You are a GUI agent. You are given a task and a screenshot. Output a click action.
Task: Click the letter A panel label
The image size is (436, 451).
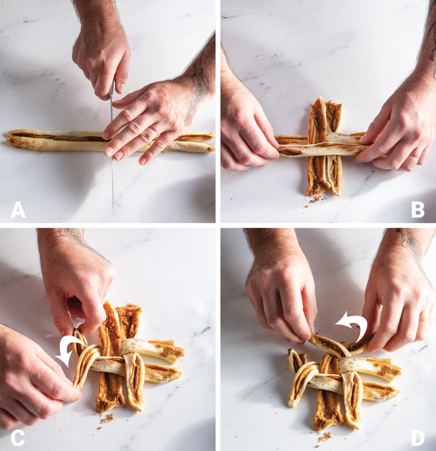point(18,210)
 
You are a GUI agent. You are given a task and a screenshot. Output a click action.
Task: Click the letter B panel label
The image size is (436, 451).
point(418,210)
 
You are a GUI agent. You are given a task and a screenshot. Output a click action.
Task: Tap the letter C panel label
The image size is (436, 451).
point(17,437)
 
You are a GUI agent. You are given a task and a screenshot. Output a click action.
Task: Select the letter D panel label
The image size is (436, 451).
point(418,437)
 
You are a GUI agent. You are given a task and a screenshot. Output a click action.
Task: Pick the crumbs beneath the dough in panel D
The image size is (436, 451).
point(325,436)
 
